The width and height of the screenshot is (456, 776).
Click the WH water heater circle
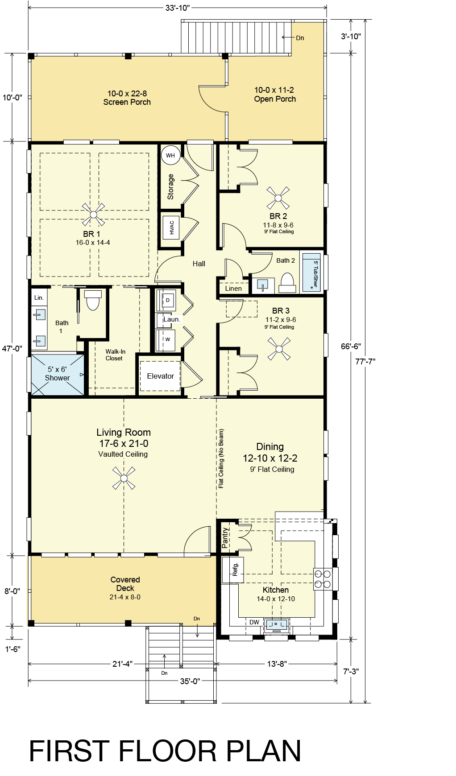tap(170, 155)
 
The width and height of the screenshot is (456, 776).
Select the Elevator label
tap(160, 376)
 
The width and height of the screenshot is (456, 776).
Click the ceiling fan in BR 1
tap(93, 215)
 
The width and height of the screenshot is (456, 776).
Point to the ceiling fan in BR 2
tap(278, 198)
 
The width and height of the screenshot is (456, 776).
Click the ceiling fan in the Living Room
tap(123, 478)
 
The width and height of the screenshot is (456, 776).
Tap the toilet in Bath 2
tap(287, 282)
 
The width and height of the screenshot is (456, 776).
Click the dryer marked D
tap(166, 301)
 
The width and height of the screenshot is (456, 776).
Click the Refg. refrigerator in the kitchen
tap(233, 570)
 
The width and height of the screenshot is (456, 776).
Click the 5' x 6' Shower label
tap(57, 373)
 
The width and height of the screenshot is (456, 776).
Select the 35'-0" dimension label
tap(190, 681)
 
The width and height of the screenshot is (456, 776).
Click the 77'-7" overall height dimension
tap(365, 361)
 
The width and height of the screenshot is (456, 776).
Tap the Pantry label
tap(225, 537)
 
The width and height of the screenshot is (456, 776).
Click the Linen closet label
tap(233, 289)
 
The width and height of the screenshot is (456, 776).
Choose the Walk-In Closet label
tap(115, 355)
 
